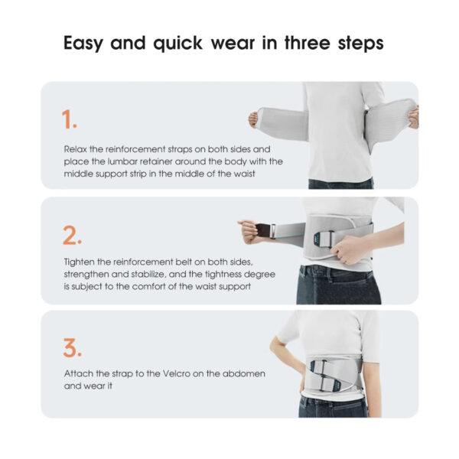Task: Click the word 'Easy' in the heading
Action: [83, 44]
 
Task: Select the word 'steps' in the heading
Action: [360, 44]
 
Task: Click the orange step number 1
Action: [69, 119]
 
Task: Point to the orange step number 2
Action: [72, 235]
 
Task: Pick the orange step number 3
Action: [73, 348]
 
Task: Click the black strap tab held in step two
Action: [263, 230]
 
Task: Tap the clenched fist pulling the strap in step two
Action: [249, 232]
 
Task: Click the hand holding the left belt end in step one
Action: [253, 120]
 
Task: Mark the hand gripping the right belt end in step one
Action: [414, 118]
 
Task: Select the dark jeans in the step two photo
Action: [338, 285]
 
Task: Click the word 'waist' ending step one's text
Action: [244, 174]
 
